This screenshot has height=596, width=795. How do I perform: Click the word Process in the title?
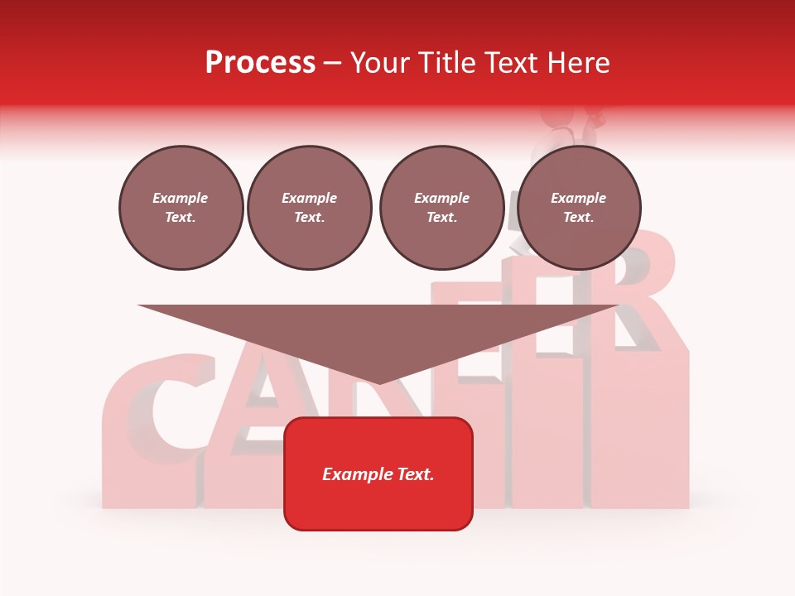(260, 63)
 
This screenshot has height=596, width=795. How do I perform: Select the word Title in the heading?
(451, 63)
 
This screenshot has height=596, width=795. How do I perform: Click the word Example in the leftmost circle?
(181, 199)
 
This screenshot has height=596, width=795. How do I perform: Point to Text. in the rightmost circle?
(579, 218)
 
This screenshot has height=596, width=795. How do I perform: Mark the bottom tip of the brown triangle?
(378, 382)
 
